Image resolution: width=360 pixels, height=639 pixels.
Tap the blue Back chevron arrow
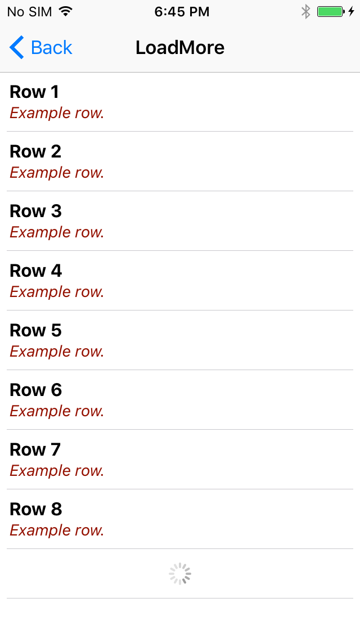point(17,48)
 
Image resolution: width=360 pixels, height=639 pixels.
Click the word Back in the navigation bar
point(52,48)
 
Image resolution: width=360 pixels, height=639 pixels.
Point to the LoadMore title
point(180,48)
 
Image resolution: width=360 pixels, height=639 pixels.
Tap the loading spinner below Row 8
point(180,574)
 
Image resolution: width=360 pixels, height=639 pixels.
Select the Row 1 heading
point(34,92)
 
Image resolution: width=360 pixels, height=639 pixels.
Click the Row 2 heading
point(35,151)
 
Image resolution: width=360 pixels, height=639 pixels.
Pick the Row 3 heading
point(35,211)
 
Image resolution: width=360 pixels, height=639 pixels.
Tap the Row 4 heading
point(35,271)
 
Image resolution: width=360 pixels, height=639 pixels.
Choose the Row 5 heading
point(35,330)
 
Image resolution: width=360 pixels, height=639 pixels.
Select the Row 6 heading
point(35,390)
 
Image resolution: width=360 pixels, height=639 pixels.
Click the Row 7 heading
point(35,449)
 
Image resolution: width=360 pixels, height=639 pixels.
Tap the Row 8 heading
point(35,509)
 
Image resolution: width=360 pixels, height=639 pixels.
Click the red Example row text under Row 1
point(57,113)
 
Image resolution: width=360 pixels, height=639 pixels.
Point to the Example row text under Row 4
point(57,292)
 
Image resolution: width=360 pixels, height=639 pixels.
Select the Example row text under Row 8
point(57,530)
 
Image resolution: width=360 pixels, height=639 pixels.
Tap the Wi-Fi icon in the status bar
point(66,11)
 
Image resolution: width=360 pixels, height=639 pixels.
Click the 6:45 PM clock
point(182,12)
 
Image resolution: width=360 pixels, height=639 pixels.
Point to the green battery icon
point(330,11)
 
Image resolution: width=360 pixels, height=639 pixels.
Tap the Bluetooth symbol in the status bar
point(306,11)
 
